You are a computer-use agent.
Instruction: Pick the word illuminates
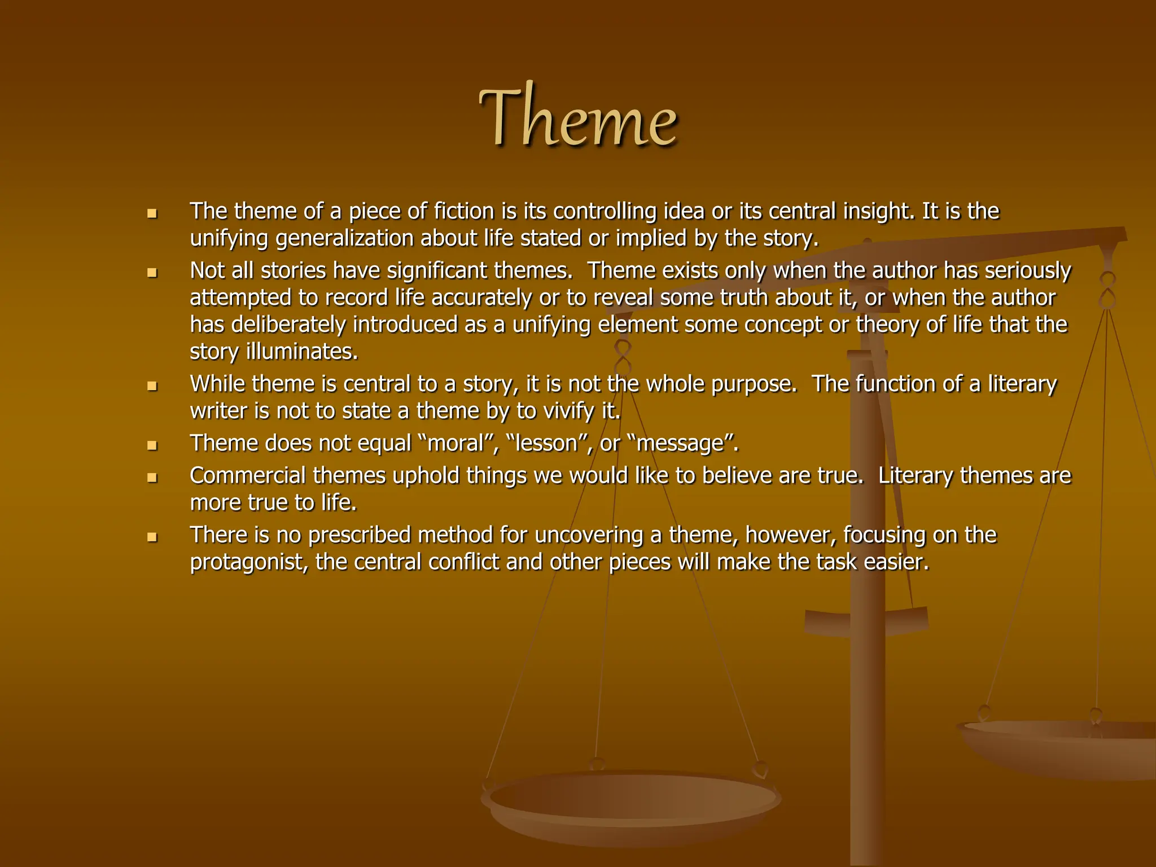click(301, 352)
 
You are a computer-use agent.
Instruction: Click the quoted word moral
click(456, 444)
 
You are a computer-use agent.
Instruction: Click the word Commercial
click(248, 476)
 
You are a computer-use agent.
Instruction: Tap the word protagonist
click(247, 562)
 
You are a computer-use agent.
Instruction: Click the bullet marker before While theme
click(151, 387)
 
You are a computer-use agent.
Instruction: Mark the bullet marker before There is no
click(151, 537)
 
